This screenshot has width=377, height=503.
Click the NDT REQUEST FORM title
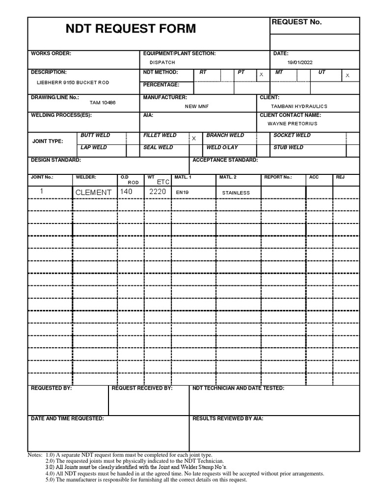[x=131, y=29]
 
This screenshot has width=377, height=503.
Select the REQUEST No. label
[x=296, y=22]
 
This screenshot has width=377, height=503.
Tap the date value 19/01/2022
[x=300, y=62]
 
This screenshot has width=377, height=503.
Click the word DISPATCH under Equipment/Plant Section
[x=162, y=62]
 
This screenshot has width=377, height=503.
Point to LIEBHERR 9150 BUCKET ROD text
[x=73, y=83]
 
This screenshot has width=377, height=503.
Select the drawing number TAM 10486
[x=103, y=103]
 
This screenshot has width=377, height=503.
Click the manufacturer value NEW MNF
[x=197, y=106]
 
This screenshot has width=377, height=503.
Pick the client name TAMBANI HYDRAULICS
[x=299, y=106]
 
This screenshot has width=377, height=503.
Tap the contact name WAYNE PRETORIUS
[x=293, y=124]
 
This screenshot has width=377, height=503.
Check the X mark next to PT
[x=261, y=75]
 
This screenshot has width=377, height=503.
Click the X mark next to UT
[x=348, y=75]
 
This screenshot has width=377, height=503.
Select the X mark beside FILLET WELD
[x=193, y=139]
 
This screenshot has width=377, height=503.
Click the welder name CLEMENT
[x=93, y=193]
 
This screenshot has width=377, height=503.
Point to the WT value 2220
[x=158, y=192]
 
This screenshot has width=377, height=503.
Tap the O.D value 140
[x=126, y=192]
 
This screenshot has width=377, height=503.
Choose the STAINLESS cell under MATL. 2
[x=236, y=193]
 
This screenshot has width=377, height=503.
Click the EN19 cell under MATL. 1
[x=182, y=193]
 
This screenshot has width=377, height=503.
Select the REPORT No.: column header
[x=278, y=177]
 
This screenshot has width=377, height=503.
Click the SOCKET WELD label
[x=292, y=135]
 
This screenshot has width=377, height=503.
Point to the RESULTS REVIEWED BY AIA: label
[x=228, y=419]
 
